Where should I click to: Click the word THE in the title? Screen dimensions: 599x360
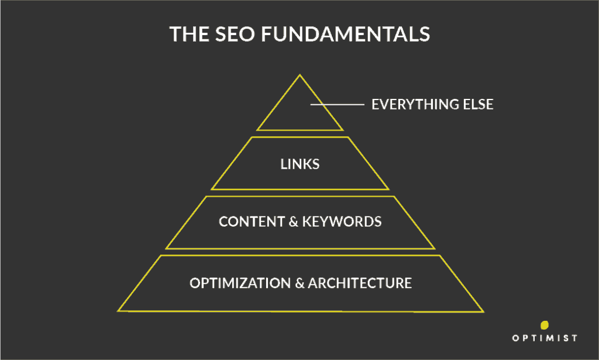coord(190,34)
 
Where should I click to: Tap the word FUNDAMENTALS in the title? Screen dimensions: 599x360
coord(346,34)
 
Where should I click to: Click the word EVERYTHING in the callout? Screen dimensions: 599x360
coord(415,104)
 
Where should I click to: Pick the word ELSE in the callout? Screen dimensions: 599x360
coord(478,104)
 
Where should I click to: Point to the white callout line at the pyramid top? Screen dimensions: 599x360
coord(338,104)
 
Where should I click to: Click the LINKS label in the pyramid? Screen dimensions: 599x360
coord(300,164)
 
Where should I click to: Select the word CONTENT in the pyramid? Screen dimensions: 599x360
coord(252,222)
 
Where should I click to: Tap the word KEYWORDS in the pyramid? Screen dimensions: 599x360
coord(342,222)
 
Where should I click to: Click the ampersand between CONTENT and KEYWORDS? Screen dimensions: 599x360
coord(294,222)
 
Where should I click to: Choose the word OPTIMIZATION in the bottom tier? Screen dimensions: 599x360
coord(240,283)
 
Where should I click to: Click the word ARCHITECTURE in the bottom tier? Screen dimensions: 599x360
coord(360,283)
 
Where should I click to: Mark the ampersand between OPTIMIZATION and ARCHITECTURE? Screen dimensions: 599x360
coord(299,283)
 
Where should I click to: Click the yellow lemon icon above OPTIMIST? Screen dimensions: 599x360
coord(545,325)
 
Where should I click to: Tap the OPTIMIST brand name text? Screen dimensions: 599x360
coord(545,338)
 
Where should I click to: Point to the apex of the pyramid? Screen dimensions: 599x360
coord(300,75)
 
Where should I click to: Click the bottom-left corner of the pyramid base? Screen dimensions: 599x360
coord(118,311)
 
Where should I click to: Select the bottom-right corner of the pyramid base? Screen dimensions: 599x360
coord(484,312)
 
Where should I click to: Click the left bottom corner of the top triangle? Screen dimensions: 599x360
coord(257,131)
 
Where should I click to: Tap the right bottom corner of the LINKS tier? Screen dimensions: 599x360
coord(388,189)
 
